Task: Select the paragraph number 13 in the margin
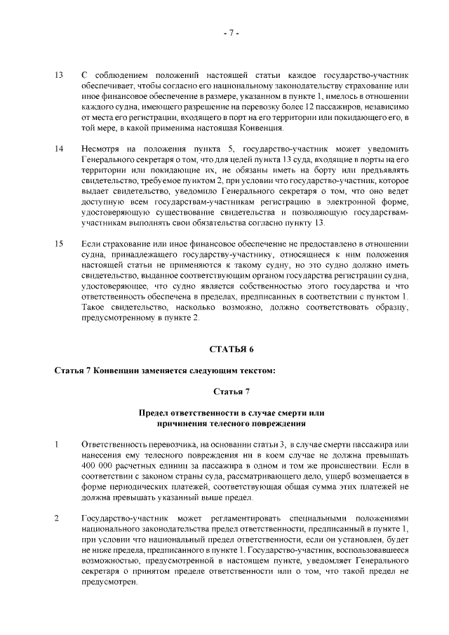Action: point(59,74)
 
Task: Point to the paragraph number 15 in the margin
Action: point(59,243)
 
